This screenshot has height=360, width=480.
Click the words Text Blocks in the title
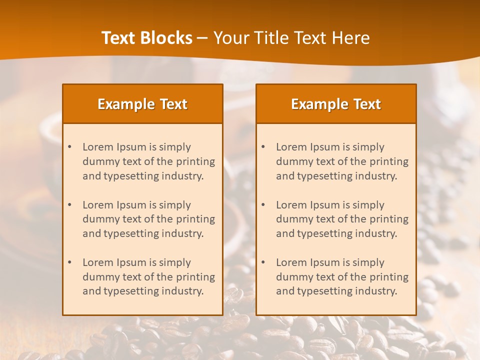click(147, 38)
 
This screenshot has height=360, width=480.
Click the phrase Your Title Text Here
click(291, 38)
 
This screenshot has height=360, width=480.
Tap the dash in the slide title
click(202, 38)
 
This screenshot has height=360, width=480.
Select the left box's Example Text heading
click(142, 104)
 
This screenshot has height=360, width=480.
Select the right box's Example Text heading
click(336, 104)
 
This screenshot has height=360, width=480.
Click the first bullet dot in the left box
click(69, 147)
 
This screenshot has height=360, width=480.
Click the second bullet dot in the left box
click(69, 205)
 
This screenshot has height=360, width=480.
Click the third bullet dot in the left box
click(69, 262)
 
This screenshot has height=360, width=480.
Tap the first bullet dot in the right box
click(263, 147)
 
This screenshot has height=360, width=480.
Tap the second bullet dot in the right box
click(263, 205)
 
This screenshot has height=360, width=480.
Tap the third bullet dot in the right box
click(263, 262)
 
